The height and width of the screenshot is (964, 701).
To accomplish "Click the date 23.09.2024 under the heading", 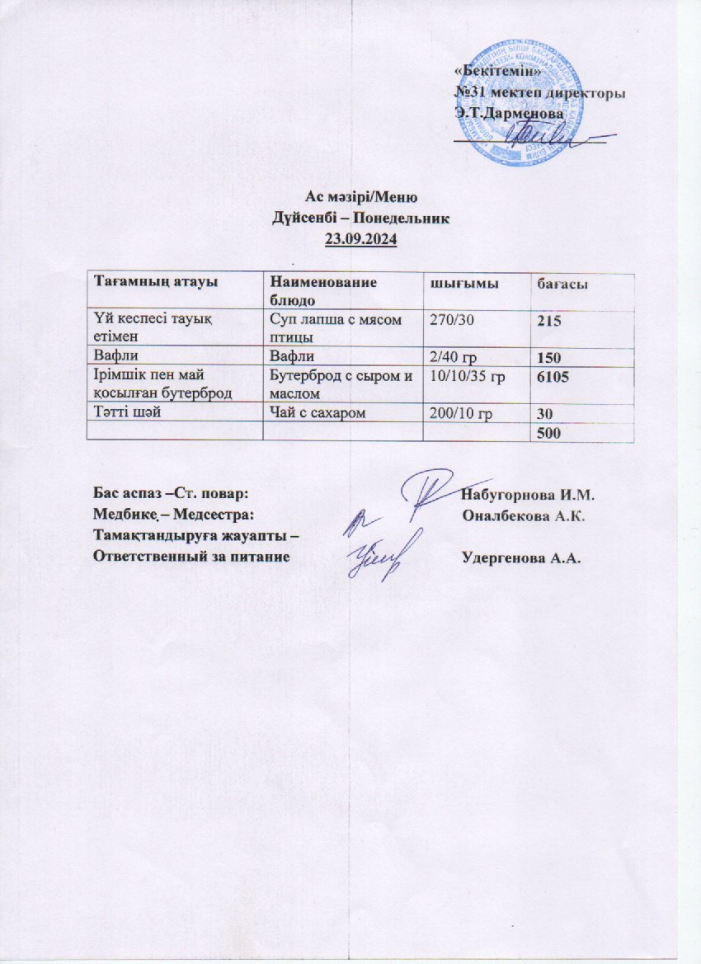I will pos(361,240).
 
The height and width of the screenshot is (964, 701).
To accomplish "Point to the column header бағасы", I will pos(562,284).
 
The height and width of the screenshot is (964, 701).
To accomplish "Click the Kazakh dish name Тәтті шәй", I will pos(124,414).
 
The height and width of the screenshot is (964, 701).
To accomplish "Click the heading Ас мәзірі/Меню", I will pos(363,198).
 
